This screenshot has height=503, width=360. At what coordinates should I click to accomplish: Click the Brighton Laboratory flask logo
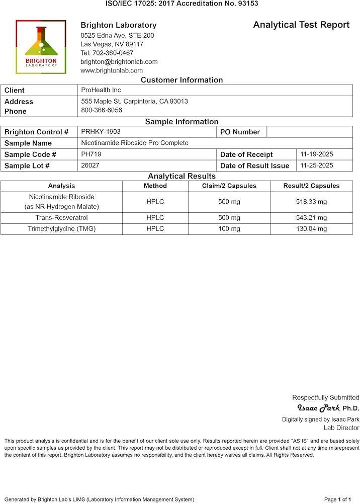(41, 47)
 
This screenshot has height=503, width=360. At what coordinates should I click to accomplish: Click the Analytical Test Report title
(301, 25)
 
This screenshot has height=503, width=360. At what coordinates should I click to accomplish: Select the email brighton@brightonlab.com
(119, 62)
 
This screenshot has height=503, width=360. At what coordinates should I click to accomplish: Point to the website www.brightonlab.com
(112, 70)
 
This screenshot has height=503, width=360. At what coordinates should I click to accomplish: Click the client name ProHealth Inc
(101, 90)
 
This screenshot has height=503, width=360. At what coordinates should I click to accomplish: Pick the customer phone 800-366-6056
(102, 110)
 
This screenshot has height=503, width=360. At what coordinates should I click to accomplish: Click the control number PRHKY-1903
(101, 132)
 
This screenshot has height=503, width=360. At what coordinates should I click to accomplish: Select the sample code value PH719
(91, 154)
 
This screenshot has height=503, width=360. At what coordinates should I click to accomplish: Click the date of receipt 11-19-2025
(317, 154)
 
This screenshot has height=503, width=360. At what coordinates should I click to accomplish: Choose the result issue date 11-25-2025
(317, 165)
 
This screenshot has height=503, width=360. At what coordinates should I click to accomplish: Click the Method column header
(155, 186)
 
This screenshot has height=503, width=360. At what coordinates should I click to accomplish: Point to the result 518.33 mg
(311, 202)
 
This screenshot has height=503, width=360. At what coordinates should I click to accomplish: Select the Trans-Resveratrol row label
(61, 218)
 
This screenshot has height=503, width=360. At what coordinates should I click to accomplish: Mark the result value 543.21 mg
(311, 218)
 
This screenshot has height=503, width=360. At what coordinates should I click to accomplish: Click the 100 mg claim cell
(229, 229)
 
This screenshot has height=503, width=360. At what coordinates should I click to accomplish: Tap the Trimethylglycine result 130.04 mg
(311, 229)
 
